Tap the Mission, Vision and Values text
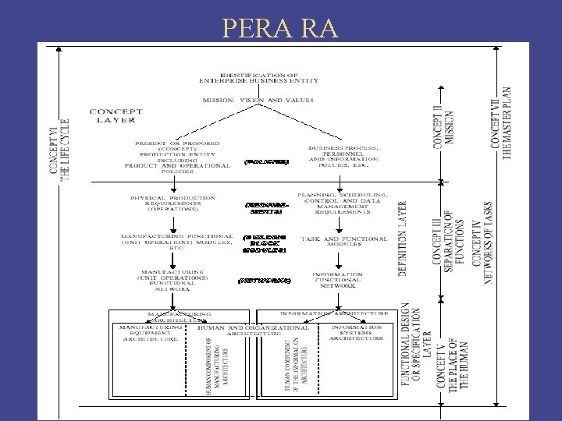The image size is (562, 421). (x=258, y=101)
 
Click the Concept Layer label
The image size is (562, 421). (x=116, y=115)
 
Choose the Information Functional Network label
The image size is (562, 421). (x=337, y=279)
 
